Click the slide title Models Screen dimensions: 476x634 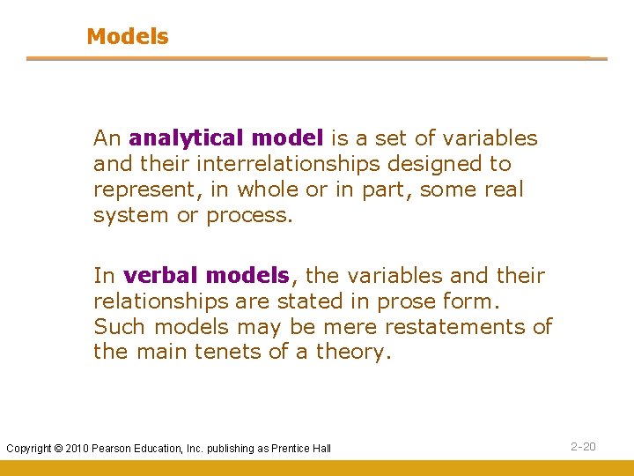click(127, 37)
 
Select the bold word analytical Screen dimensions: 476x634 click(186, 138)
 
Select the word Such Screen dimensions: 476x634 click(120, 327)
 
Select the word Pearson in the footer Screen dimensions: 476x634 click(114, 449)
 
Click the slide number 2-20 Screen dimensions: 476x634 click(583, 447)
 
